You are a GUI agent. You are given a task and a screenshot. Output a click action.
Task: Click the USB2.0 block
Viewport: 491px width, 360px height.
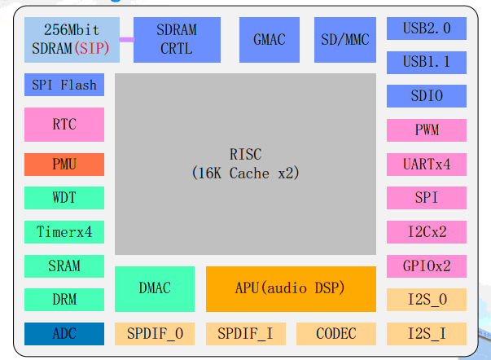427,29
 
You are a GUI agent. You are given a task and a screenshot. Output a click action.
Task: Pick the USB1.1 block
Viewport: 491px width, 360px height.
427,62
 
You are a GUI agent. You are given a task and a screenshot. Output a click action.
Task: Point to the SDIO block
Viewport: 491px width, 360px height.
427,96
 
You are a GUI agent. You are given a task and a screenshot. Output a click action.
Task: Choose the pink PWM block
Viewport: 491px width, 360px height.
427,130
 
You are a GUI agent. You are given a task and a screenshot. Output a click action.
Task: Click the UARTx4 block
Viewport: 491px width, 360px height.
427,164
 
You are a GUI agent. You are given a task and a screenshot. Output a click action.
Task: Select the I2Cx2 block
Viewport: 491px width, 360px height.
427,231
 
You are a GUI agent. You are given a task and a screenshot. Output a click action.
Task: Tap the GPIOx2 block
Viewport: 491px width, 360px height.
427,266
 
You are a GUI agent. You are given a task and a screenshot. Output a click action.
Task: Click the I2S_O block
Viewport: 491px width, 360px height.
427,299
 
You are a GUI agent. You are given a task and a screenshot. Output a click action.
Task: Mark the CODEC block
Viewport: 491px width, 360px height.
336,333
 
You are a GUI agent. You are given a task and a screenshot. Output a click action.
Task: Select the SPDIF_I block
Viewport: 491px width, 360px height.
246,333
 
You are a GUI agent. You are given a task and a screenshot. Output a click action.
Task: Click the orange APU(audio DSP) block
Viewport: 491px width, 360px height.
291,288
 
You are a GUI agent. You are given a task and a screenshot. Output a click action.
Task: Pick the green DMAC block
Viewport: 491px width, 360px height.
155,288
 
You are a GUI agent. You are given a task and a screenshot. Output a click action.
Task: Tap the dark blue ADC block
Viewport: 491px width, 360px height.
64,333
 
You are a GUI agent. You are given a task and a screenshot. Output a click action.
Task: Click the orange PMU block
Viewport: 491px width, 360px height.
64,164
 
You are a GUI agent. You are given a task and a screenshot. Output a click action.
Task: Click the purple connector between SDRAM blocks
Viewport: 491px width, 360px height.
127,39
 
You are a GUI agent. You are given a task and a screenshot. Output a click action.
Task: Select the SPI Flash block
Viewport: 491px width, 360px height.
64,85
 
